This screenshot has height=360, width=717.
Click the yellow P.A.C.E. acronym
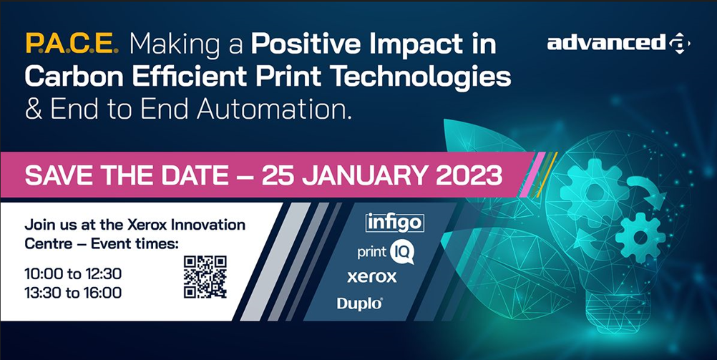click(x=72, y=44)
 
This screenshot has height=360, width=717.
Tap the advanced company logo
click(x=619, y=44)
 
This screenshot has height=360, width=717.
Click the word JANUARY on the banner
click(x=366, y=175)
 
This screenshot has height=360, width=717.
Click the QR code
click(x=205, y=277)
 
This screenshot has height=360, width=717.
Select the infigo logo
click(x=394, y=223)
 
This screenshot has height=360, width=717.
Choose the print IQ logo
click(x=386, y=253)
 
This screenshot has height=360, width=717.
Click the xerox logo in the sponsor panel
click(x=372, y=277)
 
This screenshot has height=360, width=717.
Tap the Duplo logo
click(x=360, y=303)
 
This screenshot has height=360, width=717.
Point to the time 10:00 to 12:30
click(x=73, y=274)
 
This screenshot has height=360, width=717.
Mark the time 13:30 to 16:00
click(x=73, y=292)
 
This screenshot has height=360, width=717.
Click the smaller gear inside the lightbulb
click(x=640, y=238)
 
